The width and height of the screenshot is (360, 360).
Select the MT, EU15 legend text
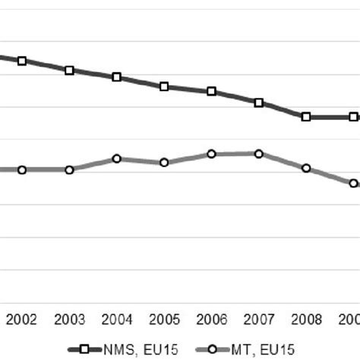pyautogui.click(x=267, y=349)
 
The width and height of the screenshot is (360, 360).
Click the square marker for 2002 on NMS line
pyautogui.click(x=22, y=61)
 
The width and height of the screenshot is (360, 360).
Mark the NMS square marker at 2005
pyautogui.click(x=164, y=87)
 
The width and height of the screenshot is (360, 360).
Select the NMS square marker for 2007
pyautogui.click(x=259, y=103)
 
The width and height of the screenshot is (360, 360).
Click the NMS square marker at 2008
pyautogui.click(x=306, y=117)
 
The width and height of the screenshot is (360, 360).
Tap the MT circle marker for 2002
pyautogui.click(x=22, y=170)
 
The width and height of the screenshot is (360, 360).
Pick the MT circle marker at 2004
pyautogui.click(x=116, y=159)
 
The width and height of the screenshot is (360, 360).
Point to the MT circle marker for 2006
pyautogui.click(x=211, y=154)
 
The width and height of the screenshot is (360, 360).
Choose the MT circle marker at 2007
pyautogui.click(x=259, y=153)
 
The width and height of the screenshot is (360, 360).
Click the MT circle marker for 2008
pyautogui.click(x=306, y=168)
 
